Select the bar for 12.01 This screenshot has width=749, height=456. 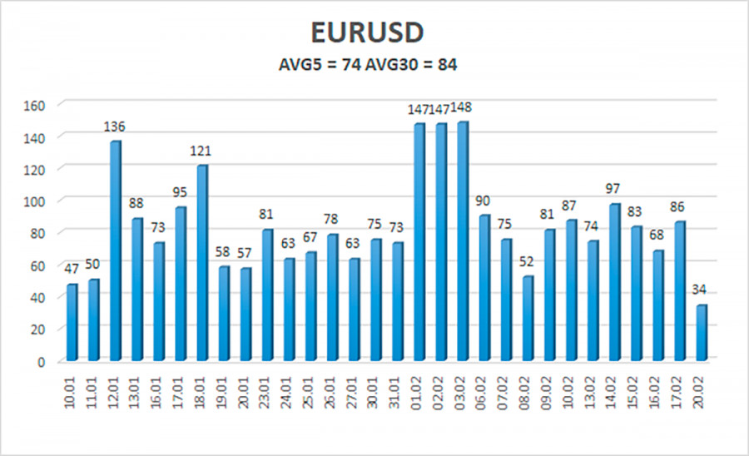[x=115, y=250]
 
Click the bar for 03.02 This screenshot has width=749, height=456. [x=462, y=241]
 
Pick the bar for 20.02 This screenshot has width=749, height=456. [x=702, y=333]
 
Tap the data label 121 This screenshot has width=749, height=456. [x=202, y=151]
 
